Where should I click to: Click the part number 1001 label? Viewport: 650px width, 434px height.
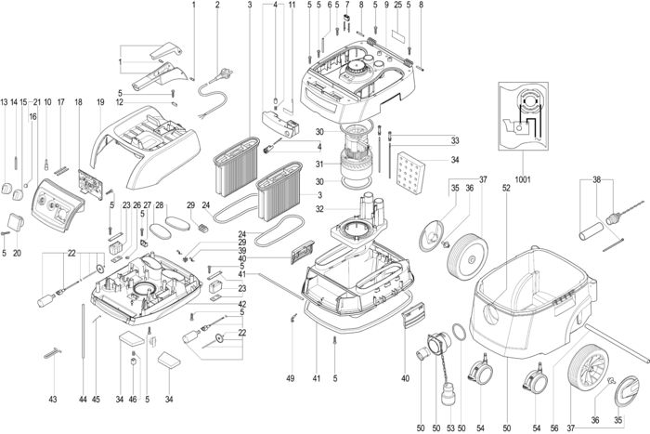click(x=522, y=179)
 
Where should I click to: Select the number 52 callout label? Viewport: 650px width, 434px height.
click(x=506, y=188)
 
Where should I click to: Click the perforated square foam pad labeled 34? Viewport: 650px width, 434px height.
click(x=410, y=173)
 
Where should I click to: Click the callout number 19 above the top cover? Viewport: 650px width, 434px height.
click(x=100, y=101)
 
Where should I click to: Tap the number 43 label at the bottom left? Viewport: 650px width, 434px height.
click(x=53, y=399)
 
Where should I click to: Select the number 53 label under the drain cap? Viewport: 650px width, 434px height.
click(x=450, y=427)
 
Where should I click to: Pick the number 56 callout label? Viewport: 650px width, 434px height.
click(x=554, y=427)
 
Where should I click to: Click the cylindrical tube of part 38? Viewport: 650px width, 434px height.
click(x=591, y=230)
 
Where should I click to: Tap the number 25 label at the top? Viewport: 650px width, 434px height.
click(x=398, y=5)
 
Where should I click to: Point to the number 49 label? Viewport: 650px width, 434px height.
click(x=290, y=378)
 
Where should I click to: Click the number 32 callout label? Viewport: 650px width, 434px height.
click(x=319, y=209)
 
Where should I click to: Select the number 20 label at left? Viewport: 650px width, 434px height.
click(x=17, y=253)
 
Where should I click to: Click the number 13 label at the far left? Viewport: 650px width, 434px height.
click(x=4, y=101)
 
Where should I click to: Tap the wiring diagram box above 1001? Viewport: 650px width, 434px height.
click(x=523, y=116)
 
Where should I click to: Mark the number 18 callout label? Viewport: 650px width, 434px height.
click(x=78, y=101)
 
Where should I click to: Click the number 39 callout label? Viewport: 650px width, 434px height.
click(x=242, y=251)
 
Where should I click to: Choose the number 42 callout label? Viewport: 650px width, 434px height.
click(x=242, y=304)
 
